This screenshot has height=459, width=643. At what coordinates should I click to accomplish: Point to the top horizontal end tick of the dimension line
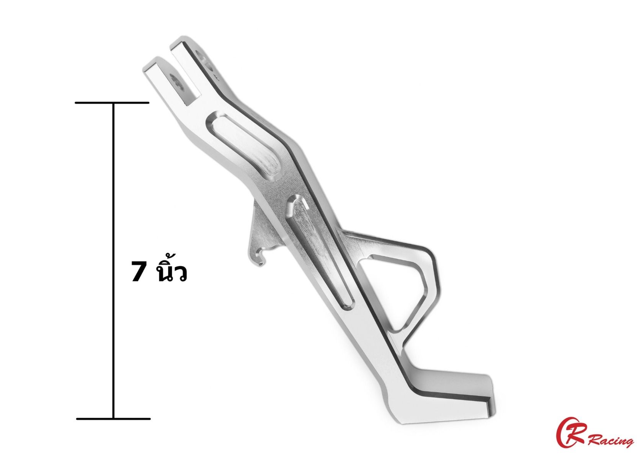point(112,103)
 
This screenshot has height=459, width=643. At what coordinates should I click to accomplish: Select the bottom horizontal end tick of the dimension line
point(113,419)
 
